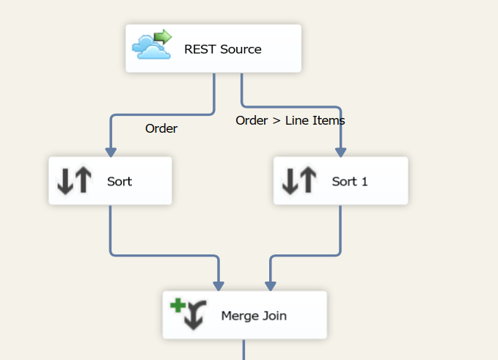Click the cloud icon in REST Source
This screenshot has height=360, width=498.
148,48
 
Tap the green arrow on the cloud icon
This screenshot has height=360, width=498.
163,37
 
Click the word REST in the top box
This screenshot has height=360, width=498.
199,50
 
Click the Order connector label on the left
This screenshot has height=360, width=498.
161,128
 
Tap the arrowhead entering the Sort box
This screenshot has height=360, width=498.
111,152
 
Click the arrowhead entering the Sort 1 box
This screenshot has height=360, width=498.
340,152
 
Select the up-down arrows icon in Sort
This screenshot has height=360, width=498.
75,180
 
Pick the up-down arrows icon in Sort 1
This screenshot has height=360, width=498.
299,180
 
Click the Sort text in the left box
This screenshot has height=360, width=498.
120,181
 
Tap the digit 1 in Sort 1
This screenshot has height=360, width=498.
364,181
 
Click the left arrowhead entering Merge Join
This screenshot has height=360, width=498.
219,285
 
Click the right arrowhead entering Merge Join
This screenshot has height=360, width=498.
270,285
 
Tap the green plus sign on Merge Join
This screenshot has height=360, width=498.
177,306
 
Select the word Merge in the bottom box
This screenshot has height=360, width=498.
238,316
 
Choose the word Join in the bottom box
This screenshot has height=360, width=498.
274,316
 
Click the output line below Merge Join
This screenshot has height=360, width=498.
243,350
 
